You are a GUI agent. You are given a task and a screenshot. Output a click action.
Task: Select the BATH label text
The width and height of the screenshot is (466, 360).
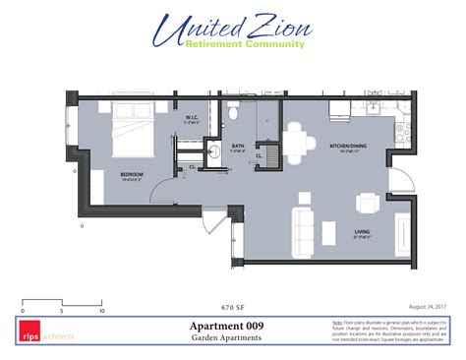pyautogui.click(x=238, y=146)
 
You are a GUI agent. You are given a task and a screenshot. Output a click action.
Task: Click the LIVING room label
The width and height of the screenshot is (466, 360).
pyautogui.click(x=362, y=232)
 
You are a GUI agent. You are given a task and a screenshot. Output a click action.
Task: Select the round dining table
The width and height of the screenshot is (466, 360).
pyautogui.click(x=296, y=135)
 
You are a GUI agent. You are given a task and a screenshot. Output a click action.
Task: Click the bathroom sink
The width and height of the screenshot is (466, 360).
pyautogui.click(x=213, y=150)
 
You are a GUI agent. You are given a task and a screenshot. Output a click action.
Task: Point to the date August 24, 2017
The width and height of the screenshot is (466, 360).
pyautogui.click(x=428, y=306)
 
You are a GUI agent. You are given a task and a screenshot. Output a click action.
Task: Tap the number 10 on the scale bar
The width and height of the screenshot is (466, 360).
pyautogui.click(x=101, y=310)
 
